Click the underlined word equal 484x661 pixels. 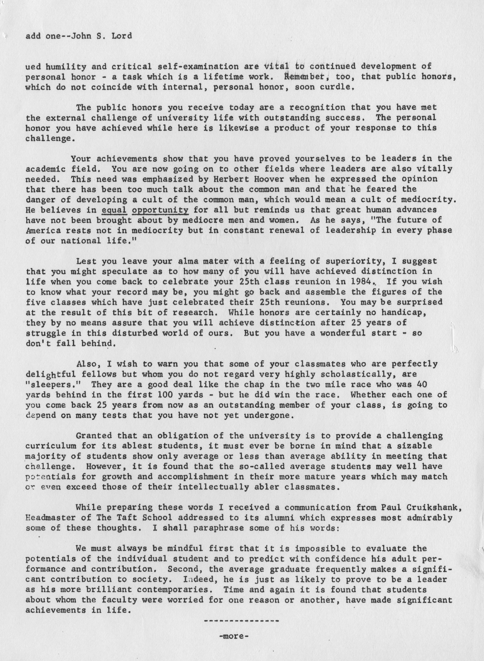114,210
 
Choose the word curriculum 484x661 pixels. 51,446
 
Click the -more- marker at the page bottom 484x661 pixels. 233,634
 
